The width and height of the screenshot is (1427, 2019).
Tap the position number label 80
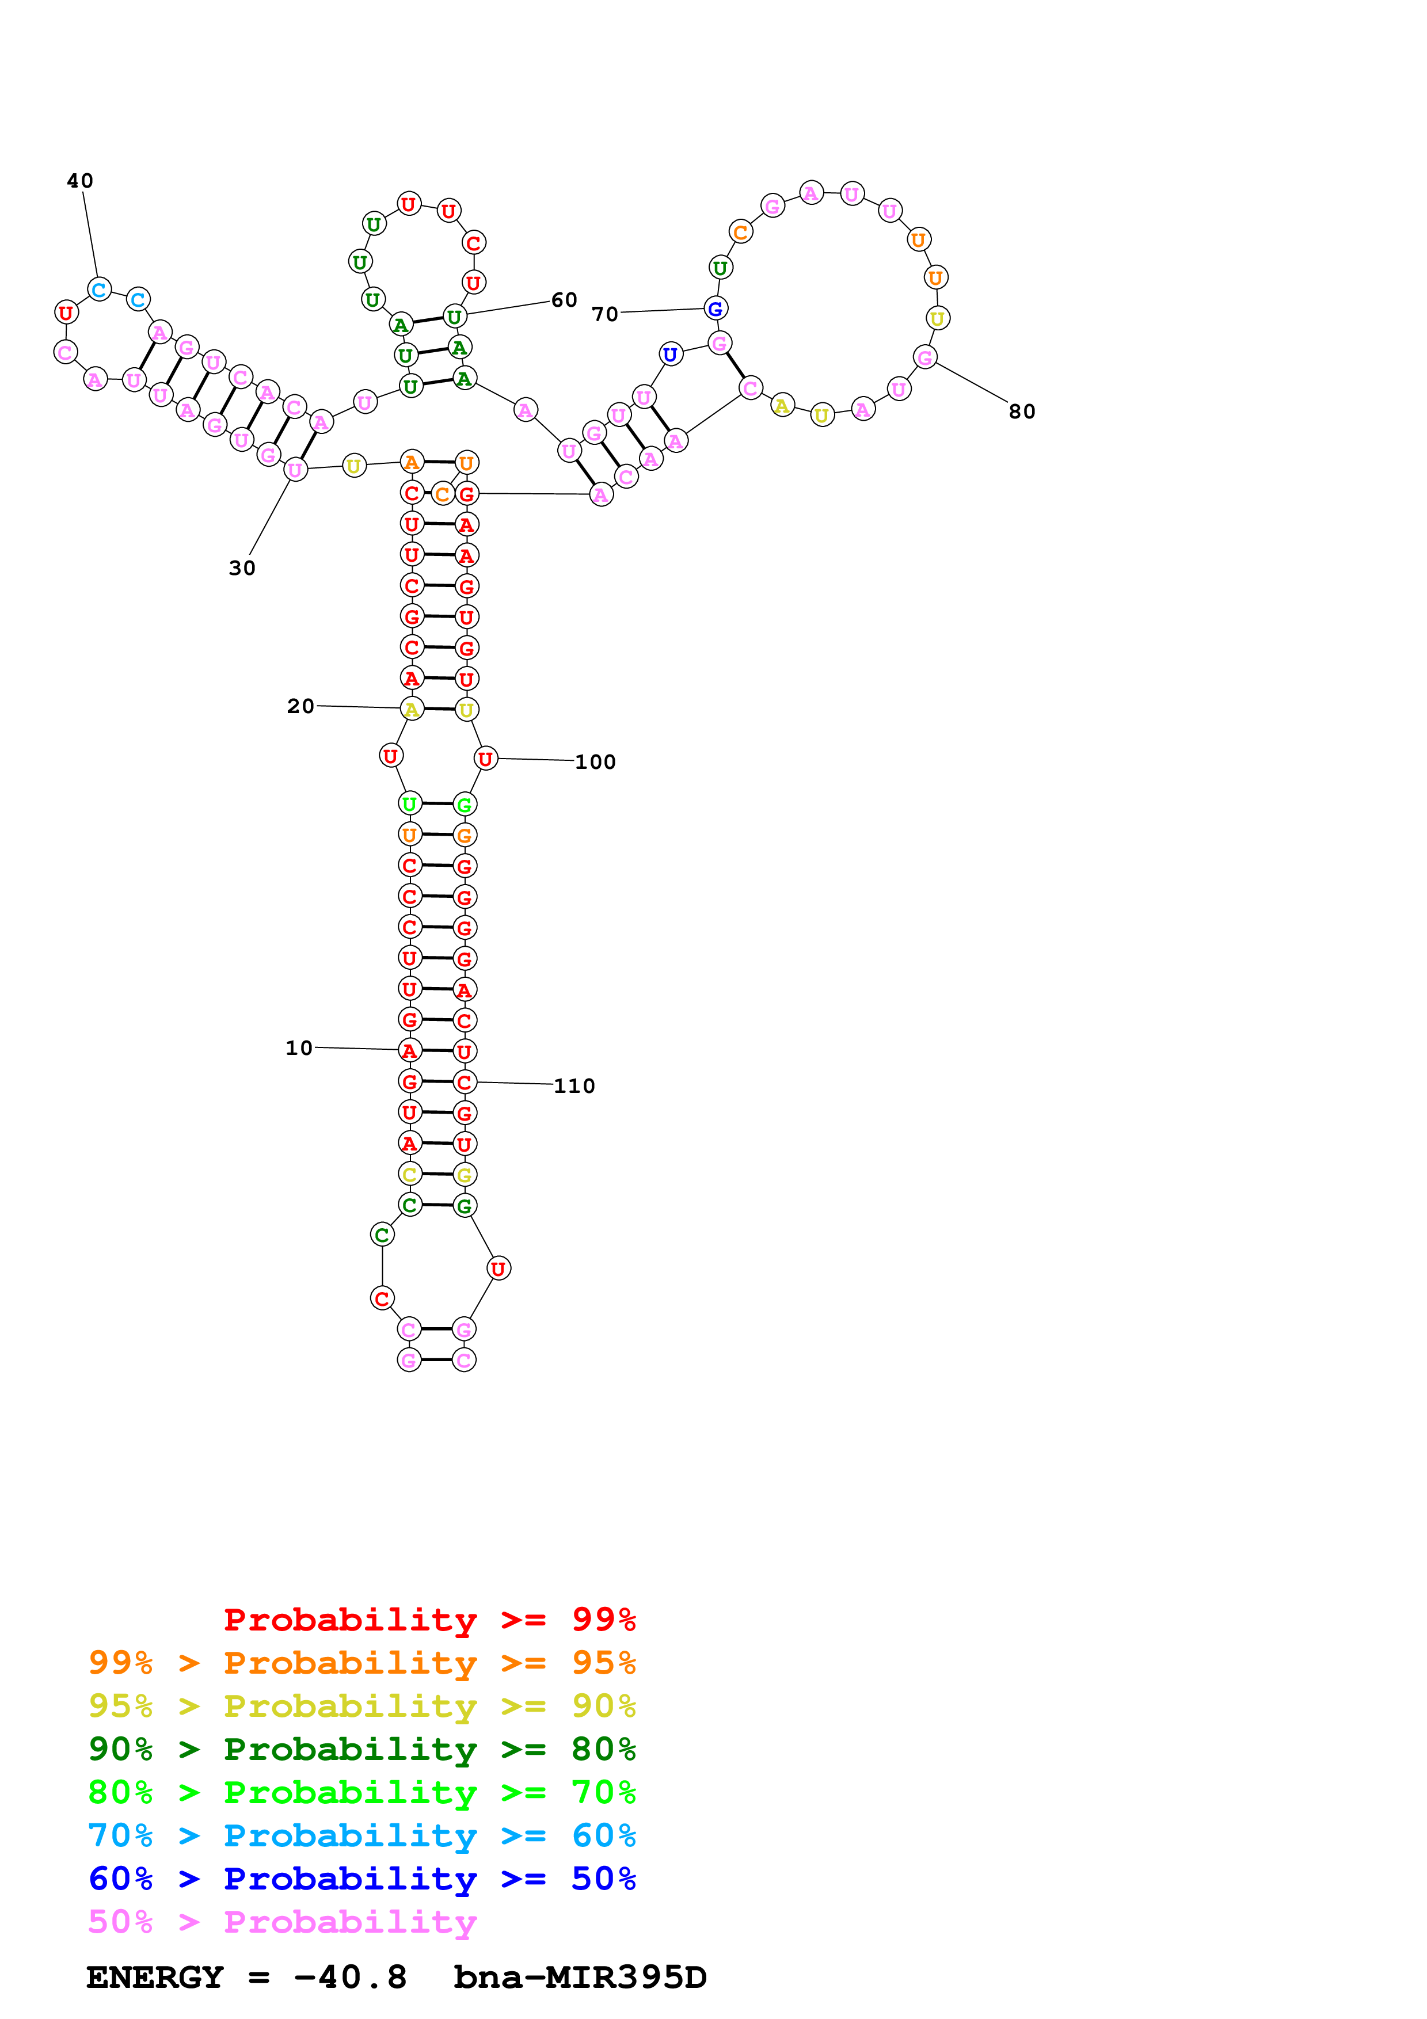point(1022,412)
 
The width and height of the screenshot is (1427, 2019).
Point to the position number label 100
point(595,763)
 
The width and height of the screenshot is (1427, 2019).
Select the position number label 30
point(242,568)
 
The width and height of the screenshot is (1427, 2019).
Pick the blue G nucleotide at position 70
point(716,308)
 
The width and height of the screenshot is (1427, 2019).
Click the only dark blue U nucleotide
point(671,355)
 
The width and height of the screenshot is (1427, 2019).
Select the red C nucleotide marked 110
point(464,1083)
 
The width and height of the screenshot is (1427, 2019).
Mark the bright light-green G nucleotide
point(464,805)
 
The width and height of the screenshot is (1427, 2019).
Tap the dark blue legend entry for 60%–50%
point(361,1879)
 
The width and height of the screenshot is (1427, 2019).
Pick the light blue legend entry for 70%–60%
point(361,1835)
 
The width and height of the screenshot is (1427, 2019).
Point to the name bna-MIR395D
point(580,1977)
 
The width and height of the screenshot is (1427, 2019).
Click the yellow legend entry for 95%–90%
point(361,1706)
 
